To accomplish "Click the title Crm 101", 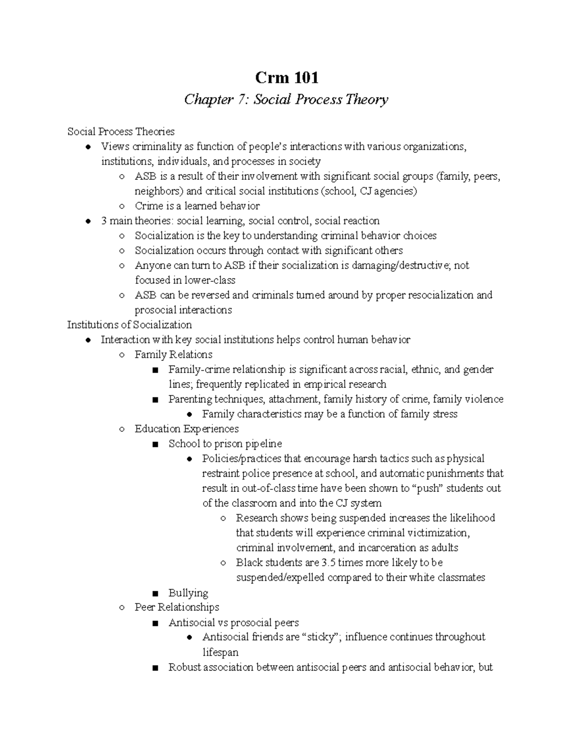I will (287, 77).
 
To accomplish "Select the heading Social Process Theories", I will (121, 132).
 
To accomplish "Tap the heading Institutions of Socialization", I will (129, 325).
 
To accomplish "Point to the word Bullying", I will (188, 593).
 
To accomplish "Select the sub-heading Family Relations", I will (173, 355).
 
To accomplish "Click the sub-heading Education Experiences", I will (187, 429).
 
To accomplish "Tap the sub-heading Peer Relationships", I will (177, 607).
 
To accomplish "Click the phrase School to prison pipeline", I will (225, 444).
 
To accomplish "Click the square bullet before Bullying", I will (154, 594).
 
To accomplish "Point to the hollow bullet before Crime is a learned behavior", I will (122, 207).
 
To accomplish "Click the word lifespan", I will (220, 653).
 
